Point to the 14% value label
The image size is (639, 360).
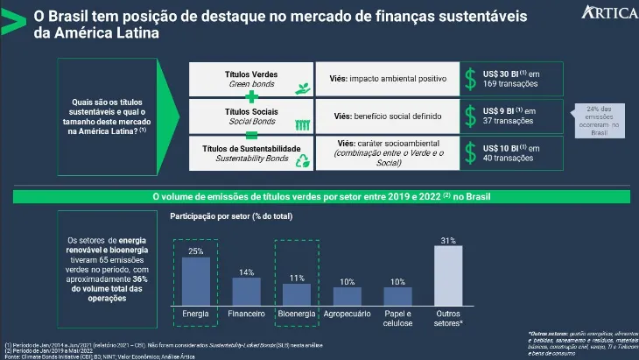click(x=246, y=272)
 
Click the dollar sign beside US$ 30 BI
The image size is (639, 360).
click(x=471, y=79)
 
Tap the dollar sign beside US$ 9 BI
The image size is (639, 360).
click(x=471, y=116)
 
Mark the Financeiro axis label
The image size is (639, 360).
click(x=246, y=313)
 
